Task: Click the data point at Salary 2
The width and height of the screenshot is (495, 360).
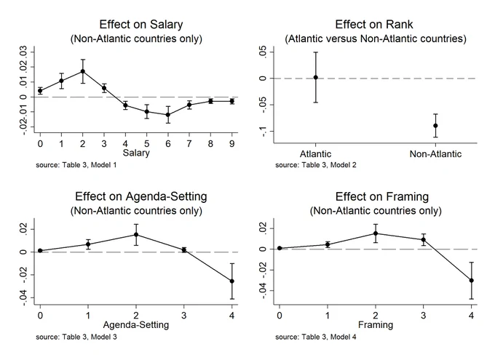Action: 83,71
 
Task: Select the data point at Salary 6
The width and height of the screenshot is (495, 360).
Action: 168,115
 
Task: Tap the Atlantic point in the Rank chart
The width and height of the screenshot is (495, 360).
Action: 316,78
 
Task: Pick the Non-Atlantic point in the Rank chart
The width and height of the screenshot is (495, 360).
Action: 435,126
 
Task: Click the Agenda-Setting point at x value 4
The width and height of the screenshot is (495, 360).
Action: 232,281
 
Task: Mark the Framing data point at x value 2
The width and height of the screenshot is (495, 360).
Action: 376,233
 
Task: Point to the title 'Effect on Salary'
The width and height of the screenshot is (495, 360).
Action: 141,25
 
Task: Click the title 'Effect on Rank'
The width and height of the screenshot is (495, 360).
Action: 374,25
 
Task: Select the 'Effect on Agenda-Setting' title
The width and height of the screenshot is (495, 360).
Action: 141,196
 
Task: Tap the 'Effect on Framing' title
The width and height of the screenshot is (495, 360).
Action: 382,196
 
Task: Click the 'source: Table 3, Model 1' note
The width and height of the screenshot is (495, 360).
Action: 76,165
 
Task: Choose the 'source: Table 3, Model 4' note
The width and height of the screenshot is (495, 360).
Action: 316,337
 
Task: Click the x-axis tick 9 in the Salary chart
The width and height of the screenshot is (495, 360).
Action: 232,144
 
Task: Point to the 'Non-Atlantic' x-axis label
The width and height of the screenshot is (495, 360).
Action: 435,154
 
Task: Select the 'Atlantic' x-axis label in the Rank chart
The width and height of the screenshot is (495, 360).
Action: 316,154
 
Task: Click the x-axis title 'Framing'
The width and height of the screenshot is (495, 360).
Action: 376,324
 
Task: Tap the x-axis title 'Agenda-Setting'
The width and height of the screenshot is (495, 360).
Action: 136,324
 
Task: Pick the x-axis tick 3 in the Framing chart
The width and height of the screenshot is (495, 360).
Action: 424,316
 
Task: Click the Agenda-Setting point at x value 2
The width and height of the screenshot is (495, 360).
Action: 136,235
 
